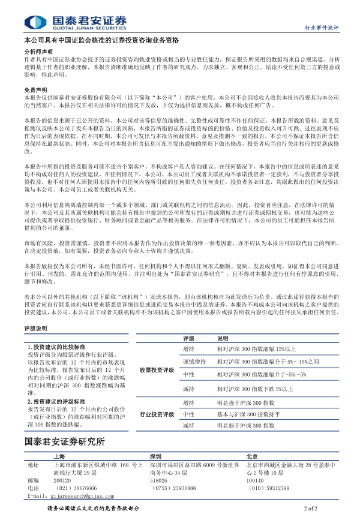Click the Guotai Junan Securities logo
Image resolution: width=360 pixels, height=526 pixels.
click(x=76, y=22)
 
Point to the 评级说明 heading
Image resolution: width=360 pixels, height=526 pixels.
click(x=35, y=329)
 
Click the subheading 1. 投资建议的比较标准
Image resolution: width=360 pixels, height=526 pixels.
click(x=56, y=347)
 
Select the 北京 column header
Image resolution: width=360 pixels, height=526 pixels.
click(x=253, y=455)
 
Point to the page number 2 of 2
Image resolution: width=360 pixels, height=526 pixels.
click(x=311, y=509)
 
